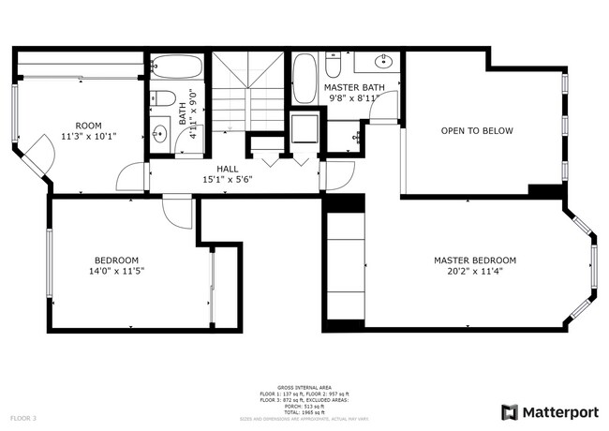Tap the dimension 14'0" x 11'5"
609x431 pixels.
(x=117, y=272)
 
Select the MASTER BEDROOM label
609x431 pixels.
(x=474, y=260)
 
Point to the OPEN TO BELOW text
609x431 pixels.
(x=477, y=131)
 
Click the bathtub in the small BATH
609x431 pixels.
(x=177, y=67)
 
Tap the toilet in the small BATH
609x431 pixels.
(x=160, y=99)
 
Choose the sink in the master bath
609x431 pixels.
(x=382, y=63)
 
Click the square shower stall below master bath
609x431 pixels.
(x=304, y=128)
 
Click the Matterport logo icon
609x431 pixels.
(x=510, y=411)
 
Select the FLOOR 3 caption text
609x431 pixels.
(x=23, y=417)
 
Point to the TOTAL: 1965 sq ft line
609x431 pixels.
(x=304, y=412)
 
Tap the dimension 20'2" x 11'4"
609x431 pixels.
(x=474, y=272)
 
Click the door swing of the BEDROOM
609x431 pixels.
(x=175, y=212)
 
